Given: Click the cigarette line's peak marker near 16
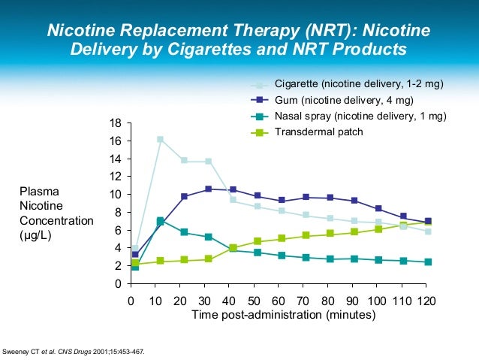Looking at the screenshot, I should click(160, 139).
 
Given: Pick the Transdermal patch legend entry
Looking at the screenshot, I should click(318, 132).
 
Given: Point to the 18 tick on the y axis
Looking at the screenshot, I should click(116, 123).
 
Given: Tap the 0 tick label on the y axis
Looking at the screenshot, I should click(119, 284).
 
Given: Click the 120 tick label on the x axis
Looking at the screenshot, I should click(426, 301).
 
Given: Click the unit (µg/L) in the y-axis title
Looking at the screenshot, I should click(37, 235).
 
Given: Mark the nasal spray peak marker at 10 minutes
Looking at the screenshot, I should click(160, 221).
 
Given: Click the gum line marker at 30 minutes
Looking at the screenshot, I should click(209, 189).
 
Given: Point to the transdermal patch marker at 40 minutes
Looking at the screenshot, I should click(233, 247).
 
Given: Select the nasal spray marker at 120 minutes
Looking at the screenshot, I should click(427, 262).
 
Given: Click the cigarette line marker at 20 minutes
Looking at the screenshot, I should click(184, 161).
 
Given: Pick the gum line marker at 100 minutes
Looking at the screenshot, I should click(378, 208).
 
